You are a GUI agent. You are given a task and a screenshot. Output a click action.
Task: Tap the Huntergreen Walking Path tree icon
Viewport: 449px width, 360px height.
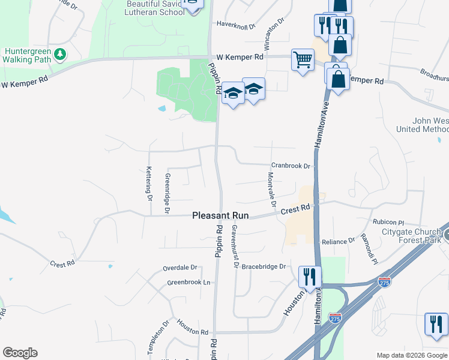tap(59, 55)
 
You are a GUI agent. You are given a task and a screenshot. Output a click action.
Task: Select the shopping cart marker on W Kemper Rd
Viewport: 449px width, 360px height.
tap(303, 60)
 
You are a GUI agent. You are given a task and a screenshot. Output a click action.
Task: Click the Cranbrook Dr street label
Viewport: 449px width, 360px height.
tap(291, 166)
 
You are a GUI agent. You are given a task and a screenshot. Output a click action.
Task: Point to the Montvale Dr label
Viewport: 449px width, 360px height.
tap(271, 189)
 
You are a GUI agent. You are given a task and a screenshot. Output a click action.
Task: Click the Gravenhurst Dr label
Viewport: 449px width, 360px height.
tap(235, 247)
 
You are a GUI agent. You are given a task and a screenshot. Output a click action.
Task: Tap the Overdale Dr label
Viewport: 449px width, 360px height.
tap(180, 267)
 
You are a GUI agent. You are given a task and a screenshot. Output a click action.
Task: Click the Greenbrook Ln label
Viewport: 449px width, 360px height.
tap(189, 282)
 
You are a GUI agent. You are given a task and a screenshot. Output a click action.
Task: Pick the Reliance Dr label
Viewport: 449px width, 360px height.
tap(338, 241)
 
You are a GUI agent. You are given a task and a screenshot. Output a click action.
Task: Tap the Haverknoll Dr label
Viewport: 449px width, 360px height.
tap(236, 26)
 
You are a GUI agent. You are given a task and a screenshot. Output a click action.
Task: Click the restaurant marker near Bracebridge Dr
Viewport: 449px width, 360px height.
tap(310, 277)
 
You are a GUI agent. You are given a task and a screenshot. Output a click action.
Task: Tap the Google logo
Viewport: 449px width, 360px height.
tap(20, 353)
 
